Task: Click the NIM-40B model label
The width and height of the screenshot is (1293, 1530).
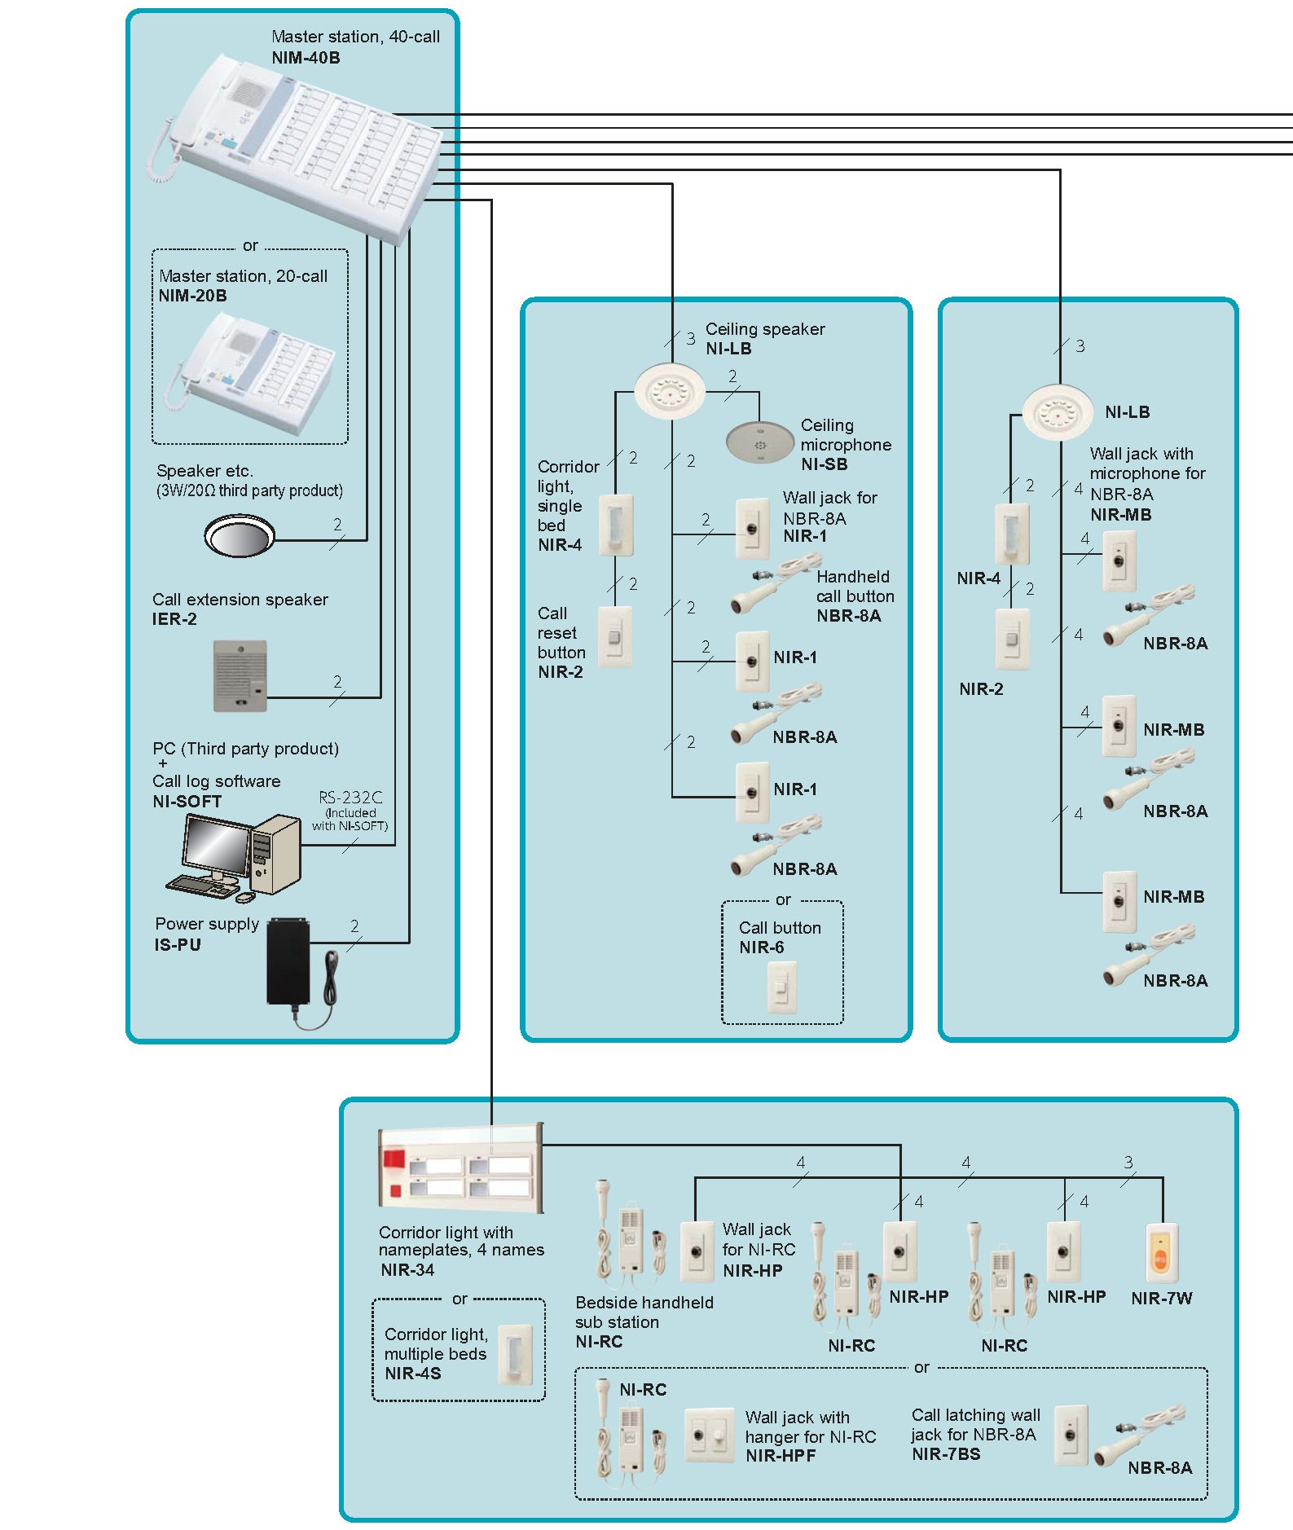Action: pyautogui.click(x=306, y=58)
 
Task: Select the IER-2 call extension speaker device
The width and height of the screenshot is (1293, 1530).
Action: pyautogui.click(x=240, y=675)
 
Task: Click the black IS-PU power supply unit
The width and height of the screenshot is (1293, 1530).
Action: pyautogui.click(x=288, y=961)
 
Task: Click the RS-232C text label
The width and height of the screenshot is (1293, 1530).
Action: pyautogui.click(x=350, y=798)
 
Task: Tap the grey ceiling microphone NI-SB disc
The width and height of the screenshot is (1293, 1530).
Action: pyautogui.click(x=759, y=442)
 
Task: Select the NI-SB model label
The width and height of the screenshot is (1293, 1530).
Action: pyautogui.click(x=824, y=464)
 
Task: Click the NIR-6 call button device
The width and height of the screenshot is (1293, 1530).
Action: pyautogui.click(x=781, y=987)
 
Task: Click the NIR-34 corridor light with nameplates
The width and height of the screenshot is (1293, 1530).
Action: pyautogui.click(x=460, y=1168)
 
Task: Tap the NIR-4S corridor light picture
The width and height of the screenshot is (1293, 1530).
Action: pyautogui.click(x=515, y=1355)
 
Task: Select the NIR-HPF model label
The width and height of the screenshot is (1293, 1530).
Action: pyautogui.click(x=781, y=1456)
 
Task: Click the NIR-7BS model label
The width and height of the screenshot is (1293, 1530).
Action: pyautogui.click(x=945, y=1454)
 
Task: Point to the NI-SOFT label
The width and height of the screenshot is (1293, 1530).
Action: pyautogui.click(x=187, y=802)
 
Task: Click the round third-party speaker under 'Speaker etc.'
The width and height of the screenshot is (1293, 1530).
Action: pyautogui.click(x=240, y=536)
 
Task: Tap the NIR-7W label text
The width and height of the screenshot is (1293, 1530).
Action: pyautogui.click(x=1161, y=1299)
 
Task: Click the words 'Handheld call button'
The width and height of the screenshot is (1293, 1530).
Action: pyautogui.click(x=855, y=587)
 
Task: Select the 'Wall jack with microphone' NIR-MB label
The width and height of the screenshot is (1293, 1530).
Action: pyautogui.click(x=1120, y=515)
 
